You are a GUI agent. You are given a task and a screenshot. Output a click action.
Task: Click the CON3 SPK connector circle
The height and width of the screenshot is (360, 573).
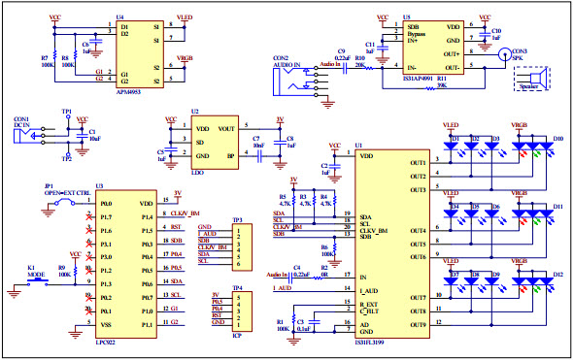point(504,56)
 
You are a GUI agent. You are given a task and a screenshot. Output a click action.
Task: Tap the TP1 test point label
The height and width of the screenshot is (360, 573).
point(66,112)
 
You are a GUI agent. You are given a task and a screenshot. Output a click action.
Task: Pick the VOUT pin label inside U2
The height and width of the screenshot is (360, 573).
point(226,128)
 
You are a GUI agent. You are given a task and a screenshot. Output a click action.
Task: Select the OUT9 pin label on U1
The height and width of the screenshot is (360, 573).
point(418,321)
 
